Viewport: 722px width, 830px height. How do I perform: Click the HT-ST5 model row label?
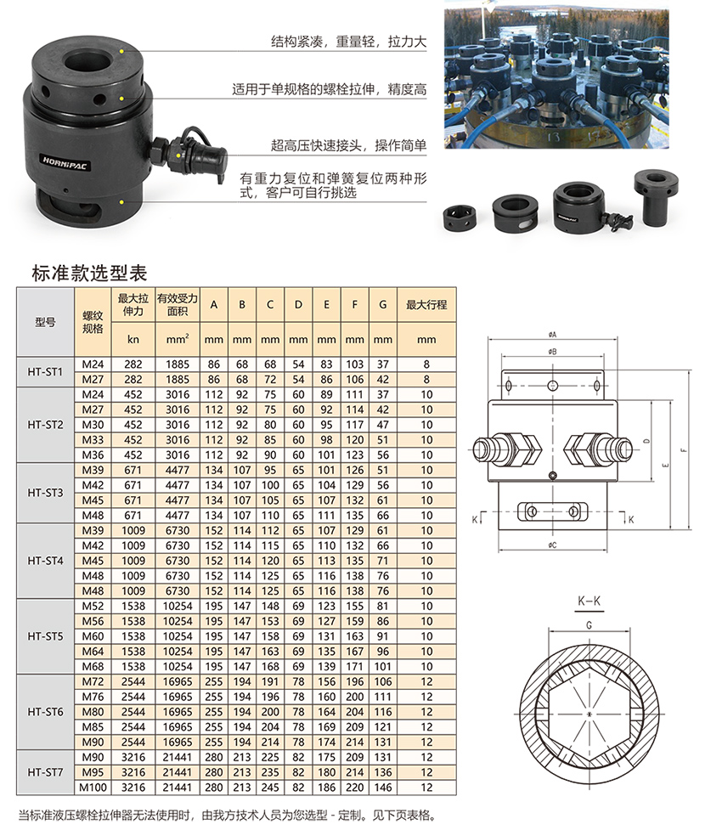tap(45, 636)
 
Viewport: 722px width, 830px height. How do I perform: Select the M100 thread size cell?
tap(93, 788)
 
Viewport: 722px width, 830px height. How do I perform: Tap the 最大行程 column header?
tap(426, 305)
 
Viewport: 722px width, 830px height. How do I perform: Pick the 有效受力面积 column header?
tap(178, 305)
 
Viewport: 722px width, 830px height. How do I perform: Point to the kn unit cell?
tap(133, 339)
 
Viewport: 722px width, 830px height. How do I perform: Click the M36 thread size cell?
tap(93, 455)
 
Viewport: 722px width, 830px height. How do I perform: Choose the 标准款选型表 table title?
tap(89, 274)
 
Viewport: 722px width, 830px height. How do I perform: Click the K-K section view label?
tap(589, 601)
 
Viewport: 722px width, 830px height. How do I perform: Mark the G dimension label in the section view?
tap(589, 625)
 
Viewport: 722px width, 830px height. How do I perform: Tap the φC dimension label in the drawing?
tap(552, 545)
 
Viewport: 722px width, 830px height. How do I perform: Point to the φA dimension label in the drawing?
tap(552, 335)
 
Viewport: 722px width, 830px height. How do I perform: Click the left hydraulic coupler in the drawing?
tap(506, 449)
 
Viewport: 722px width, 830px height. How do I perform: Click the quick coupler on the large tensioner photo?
tap(190, 155)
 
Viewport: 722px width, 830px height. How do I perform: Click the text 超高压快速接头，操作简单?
tap(348, 145)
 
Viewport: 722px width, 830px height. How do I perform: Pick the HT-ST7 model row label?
tap(45, 772)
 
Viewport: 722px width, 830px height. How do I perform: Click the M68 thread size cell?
tap(93, 666)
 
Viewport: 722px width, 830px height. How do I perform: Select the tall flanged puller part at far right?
tap(656, 197)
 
